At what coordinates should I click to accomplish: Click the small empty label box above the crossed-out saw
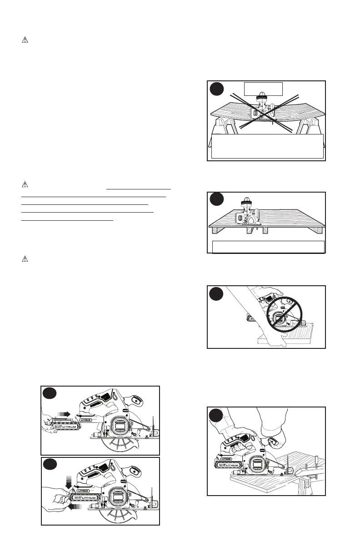click(263, 88)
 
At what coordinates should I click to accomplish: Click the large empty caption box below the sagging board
click(267, 146)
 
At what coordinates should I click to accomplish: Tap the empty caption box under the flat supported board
click(268, 247)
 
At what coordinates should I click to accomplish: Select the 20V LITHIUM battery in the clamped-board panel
click(227, 463)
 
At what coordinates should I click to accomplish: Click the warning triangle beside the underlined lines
click(25, 184)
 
